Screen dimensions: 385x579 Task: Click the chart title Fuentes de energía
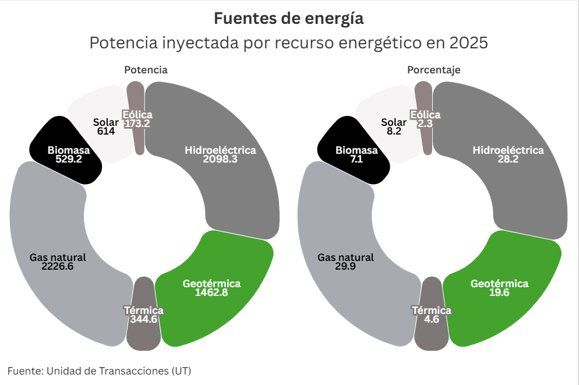pos(289,19)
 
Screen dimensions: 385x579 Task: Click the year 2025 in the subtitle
pos(468,44)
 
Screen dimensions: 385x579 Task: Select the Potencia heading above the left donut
pos(146,70)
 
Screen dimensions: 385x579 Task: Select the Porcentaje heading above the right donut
pos(433,70)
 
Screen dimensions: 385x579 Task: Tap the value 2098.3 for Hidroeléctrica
pos(220,159)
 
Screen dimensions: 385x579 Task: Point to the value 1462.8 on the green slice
pos(211,292)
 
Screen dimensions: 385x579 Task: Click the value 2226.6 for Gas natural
pos(58,266)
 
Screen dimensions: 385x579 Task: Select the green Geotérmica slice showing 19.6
pos(500,288)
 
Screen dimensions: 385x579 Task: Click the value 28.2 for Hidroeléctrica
pos(508,159)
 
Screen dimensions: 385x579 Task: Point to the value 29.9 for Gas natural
pos(345,266)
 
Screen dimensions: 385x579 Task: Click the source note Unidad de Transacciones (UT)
pos(119,370)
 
